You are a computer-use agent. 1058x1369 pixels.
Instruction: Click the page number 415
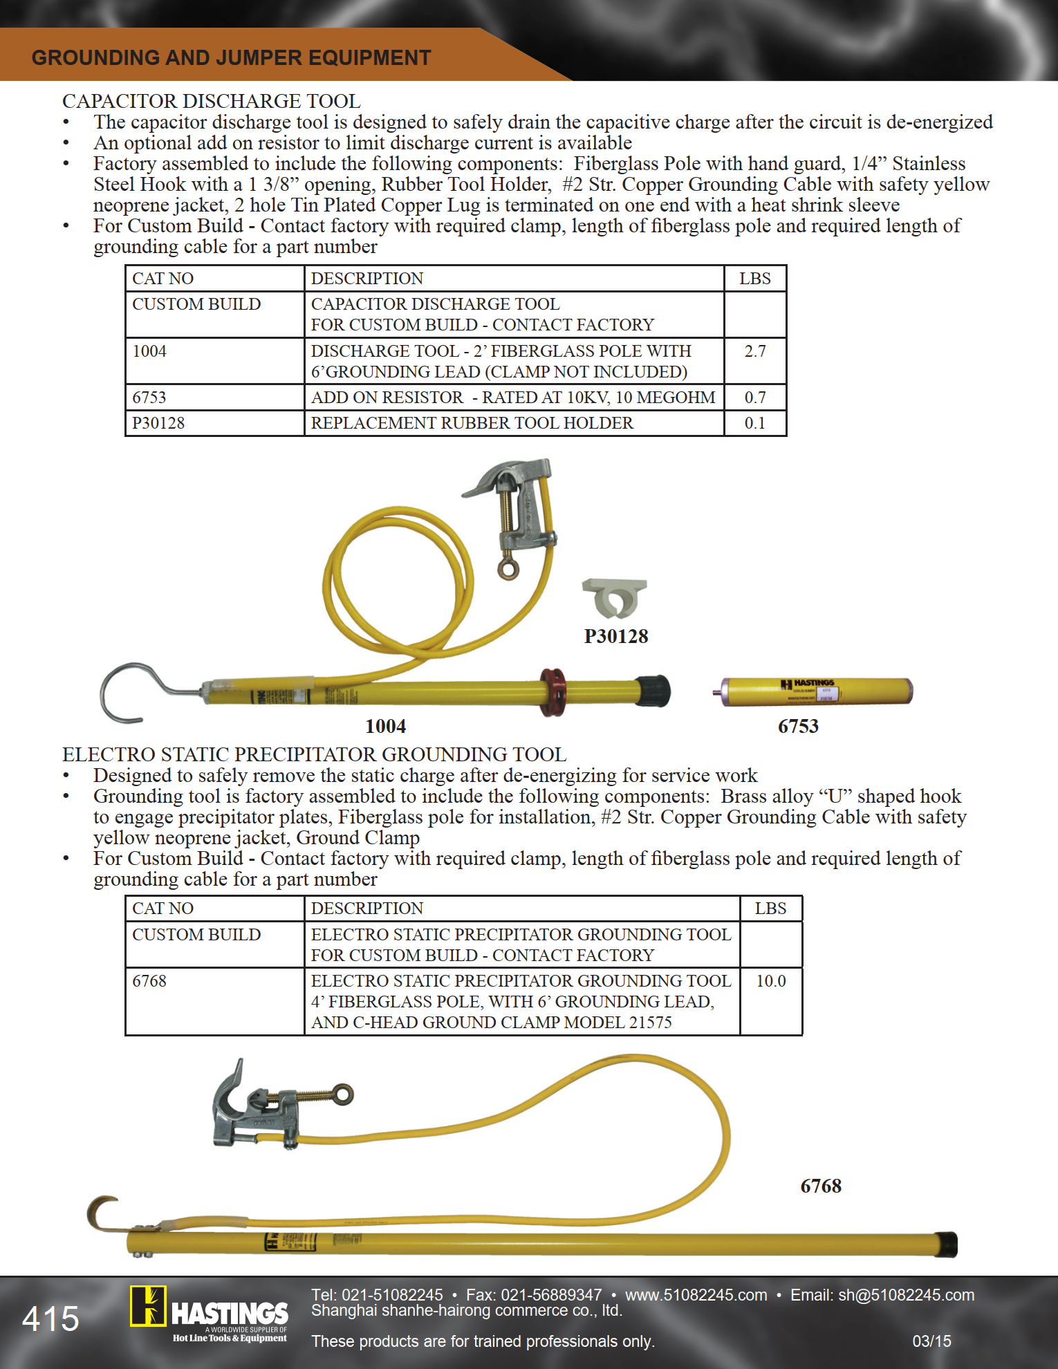(50, 1319)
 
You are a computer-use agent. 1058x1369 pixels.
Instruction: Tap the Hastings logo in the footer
(209, 1314)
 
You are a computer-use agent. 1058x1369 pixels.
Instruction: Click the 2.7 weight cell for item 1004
(754, 351)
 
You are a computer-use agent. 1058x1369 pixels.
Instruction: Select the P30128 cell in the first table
(158, 423)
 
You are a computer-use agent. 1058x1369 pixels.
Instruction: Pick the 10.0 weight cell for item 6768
(770, 981)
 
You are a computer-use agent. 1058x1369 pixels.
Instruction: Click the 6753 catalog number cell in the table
(149, 398)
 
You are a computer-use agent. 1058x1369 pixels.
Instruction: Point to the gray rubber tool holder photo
(614, 597)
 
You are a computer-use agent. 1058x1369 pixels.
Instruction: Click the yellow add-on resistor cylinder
(817, 691)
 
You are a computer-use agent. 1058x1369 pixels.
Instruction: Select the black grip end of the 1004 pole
(653, 691)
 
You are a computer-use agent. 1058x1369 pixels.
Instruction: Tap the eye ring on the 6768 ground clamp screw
(342, 1094)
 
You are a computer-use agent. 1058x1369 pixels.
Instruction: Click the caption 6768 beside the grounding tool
(821, 1186)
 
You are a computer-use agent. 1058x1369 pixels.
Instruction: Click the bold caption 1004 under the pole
(385, 726)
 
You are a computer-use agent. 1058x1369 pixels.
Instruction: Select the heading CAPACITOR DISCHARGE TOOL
(211, 101)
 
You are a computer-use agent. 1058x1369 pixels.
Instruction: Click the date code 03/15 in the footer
(931, 1341)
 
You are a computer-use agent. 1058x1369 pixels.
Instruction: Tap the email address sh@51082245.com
(906, 1295)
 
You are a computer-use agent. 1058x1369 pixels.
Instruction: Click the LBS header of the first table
(754, 279)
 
